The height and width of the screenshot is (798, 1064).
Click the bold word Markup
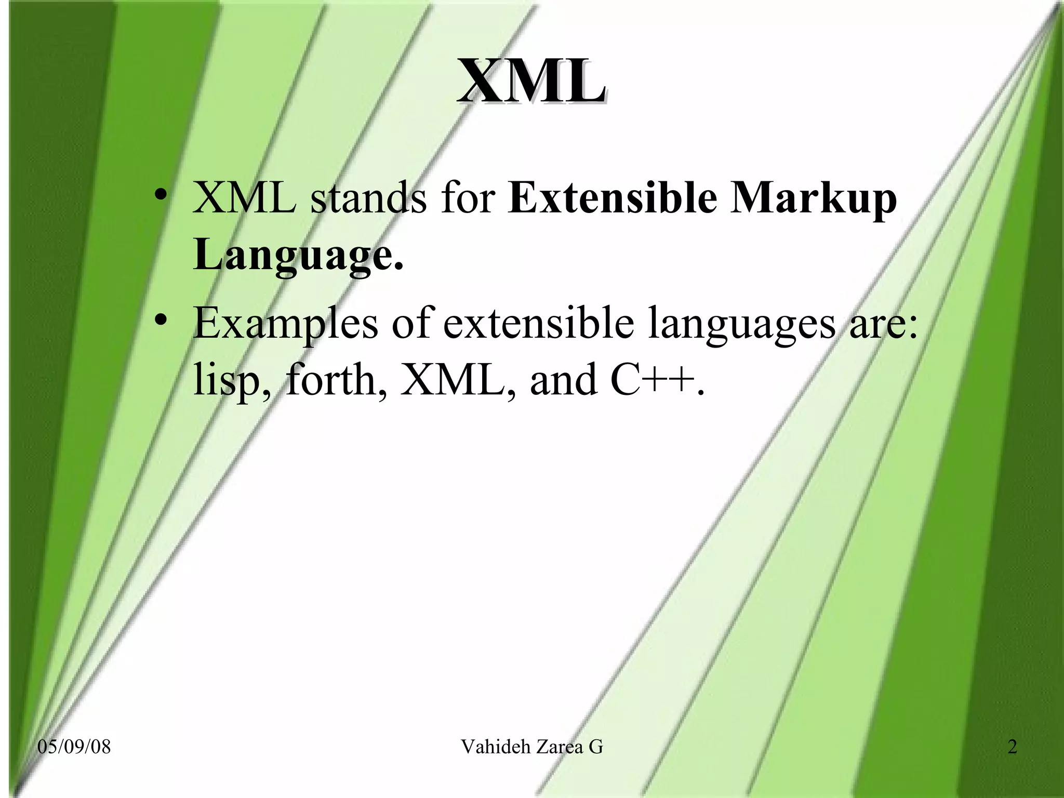[813, 200]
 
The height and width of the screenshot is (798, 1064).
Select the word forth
[337, 379]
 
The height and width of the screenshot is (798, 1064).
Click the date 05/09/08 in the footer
[74, 747]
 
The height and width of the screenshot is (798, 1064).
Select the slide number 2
[1012, 747]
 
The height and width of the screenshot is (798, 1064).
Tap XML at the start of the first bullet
[245, 199]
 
